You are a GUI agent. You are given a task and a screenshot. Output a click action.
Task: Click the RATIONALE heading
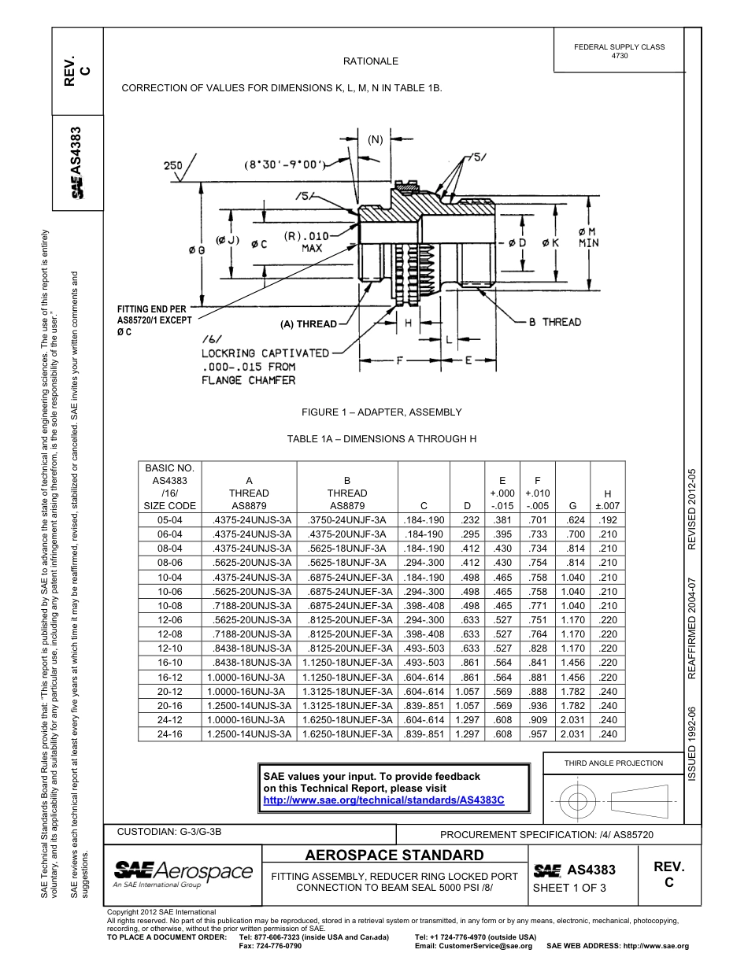(370, 61)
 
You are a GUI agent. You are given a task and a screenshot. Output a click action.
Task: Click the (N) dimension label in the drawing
(375, 140)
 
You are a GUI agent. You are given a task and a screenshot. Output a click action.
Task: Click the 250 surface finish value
(172, 165)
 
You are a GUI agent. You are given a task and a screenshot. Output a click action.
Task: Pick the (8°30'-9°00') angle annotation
(284, 165)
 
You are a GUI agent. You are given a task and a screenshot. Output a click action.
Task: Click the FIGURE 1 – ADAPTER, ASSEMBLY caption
(381, 412)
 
